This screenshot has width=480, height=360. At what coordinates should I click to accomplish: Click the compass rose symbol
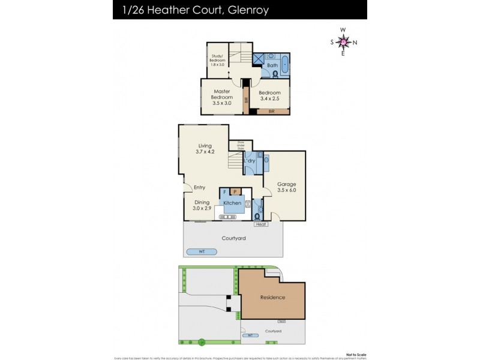343,41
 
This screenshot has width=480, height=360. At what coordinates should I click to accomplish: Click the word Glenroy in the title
248,10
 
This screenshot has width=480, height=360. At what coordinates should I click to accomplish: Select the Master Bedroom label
221,97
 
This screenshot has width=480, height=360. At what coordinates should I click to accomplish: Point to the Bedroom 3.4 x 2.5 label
269,96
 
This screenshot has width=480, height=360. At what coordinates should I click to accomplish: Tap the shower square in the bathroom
258,59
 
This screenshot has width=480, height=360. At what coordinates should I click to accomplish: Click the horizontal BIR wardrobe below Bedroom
271,111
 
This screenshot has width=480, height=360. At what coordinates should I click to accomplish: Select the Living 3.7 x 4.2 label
205,149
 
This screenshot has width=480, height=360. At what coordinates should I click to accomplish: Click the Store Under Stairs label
241,145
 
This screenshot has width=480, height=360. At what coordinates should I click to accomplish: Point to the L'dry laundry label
250,161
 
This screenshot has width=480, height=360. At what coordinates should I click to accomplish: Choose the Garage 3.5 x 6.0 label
286,187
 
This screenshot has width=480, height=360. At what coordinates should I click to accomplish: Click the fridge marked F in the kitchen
224,192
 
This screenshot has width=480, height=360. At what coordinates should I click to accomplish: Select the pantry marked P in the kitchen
235,192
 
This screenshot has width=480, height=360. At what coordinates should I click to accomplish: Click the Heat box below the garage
260,224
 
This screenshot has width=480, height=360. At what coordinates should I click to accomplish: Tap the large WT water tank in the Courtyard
201,251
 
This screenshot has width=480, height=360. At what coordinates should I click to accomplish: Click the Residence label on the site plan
272,297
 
